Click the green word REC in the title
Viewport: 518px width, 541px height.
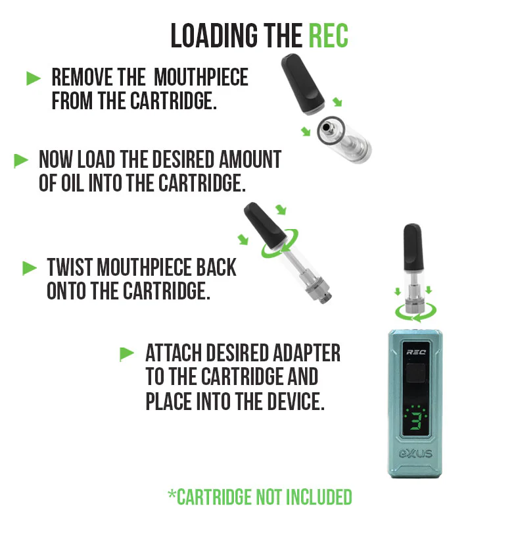(x=328, y=36)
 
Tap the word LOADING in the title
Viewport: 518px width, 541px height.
(x=214, y=36)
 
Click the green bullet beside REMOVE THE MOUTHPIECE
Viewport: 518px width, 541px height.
(x=34, y=78)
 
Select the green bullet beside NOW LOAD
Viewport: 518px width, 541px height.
(x=21, y=161)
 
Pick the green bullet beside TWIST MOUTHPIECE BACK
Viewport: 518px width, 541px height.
(x=30, y=268)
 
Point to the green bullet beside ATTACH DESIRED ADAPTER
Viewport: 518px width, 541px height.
(x=127, y=354)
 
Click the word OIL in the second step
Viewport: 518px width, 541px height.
(x=72, y=183)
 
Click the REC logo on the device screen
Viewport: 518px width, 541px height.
(x=416, y=352)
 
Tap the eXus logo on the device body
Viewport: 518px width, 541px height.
(x=415, y=453)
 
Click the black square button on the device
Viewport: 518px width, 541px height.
(x=416, y=373)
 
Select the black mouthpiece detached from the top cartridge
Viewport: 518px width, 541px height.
(x=303, y=84)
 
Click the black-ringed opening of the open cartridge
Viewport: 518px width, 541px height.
(x=331, y=130)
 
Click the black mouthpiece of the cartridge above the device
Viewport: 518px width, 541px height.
(x=413, y=247)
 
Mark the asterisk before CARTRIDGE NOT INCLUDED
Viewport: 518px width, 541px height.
(x=172, y=494)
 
